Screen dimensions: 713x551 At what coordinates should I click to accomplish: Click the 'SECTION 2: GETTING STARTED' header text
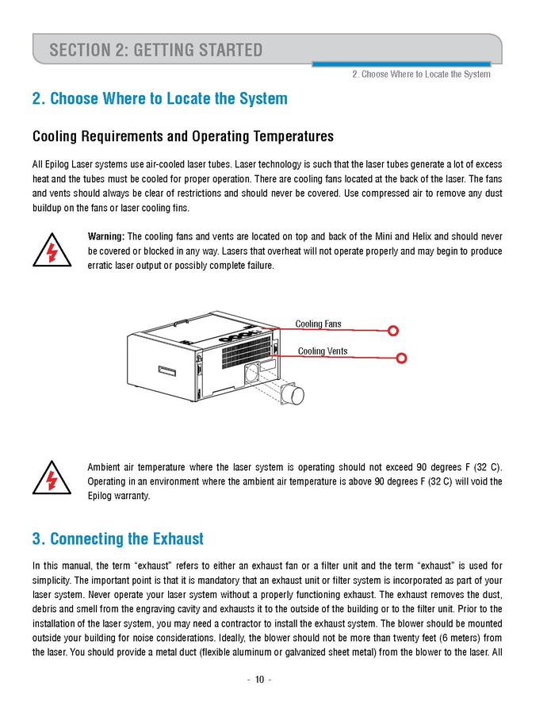tap(155, 51)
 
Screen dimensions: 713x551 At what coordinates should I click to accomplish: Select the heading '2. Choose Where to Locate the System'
tap(159, 99)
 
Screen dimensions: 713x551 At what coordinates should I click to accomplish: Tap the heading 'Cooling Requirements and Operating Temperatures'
tap(182, 136)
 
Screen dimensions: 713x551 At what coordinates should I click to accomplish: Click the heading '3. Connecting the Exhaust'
tap(117, 539)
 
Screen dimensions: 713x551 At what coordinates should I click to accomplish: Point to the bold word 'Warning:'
tap(105, 237)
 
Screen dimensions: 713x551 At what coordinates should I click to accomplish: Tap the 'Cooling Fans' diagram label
tap(319, 324)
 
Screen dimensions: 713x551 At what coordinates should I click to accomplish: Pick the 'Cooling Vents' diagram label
tap(322, 351)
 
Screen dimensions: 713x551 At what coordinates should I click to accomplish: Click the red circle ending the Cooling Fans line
tap(392, 331)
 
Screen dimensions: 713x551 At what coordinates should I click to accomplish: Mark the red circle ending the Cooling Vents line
tap(402, 358)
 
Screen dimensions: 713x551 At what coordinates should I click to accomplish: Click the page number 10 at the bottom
tap(258, 680)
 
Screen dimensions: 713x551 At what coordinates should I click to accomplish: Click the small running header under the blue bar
tap(421, 75)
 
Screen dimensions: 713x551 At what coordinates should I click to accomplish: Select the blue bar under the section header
tap(400, 63)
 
